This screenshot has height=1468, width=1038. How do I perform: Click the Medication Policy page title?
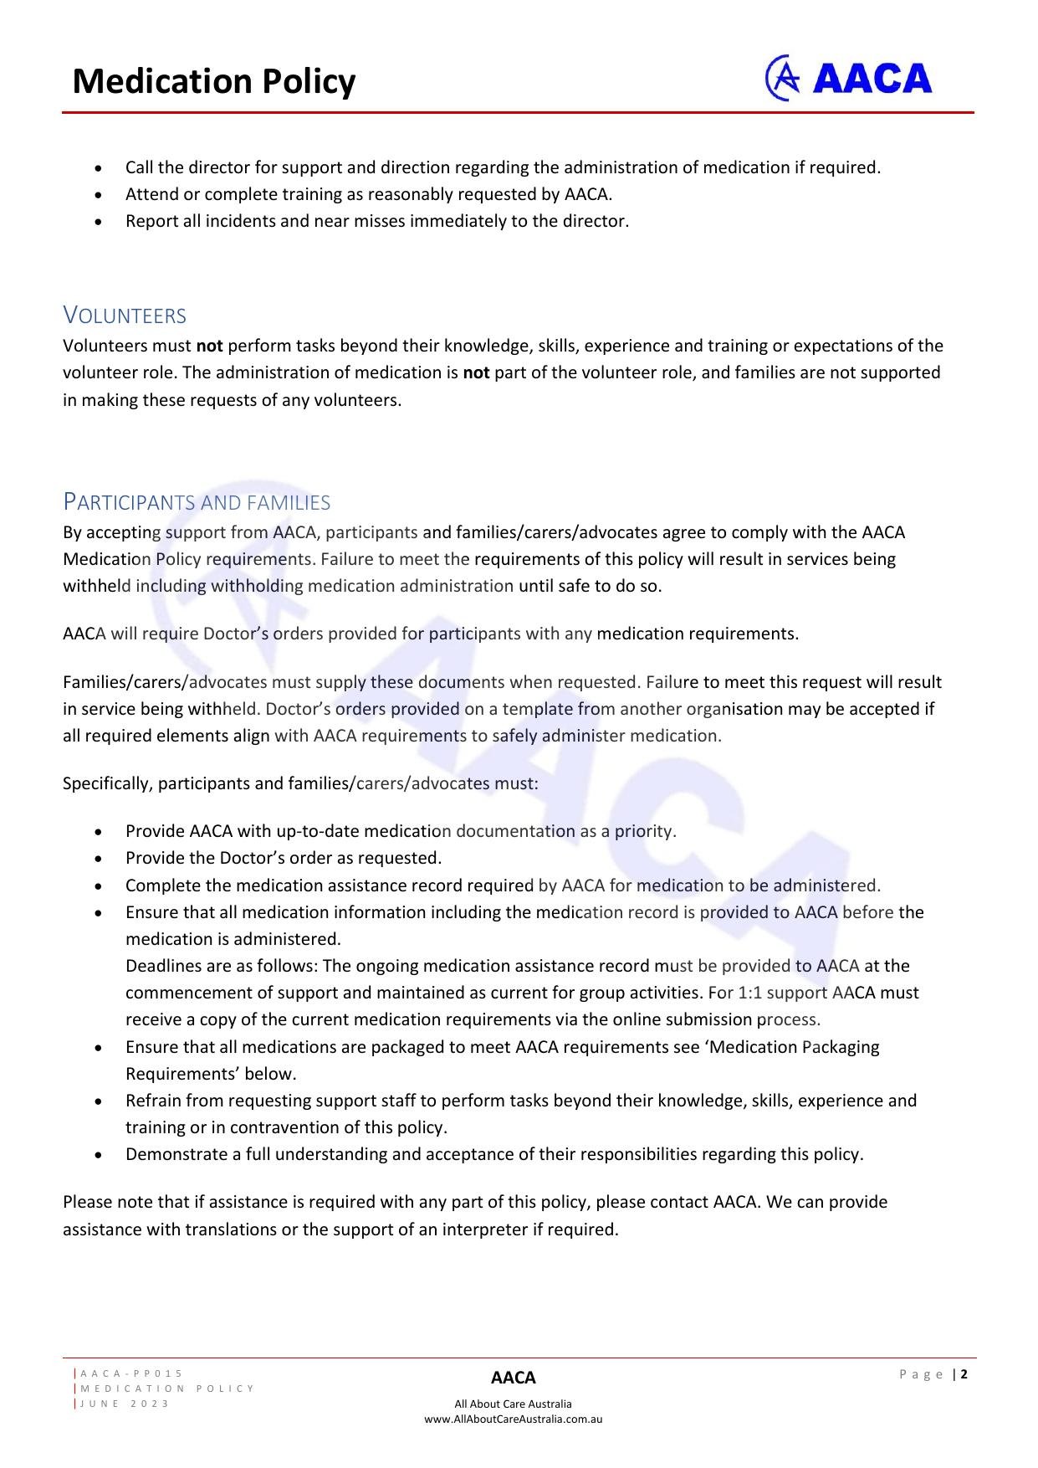(214, 81)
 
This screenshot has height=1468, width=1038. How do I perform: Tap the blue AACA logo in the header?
(848, 79)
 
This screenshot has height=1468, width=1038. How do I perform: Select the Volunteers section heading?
(125, 316)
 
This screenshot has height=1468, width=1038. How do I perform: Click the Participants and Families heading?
(197, 502)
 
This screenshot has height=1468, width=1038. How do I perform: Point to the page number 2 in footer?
(964, 1373)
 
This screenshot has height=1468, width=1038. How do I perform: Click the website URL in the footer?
(513, 1419)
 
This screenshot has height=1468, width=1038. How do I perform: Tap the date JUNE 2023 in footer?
(125, 1404)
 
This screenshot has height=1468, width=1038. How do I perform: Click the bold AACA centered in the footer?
(513, 1378)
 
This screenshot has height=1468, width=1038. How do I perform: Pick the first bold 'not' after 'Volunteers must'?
(209, 346)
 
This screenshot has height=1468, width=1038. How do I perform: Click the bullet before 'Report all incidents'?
(100, 222)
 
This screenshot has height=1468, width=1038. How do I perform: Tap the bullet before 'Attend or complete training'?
(100, 195)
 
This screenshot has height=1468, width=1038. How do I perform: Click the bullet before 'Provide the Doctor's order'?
(100, 859)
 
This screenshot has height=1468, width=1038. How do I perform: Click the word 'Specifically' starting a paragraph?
(107, 783)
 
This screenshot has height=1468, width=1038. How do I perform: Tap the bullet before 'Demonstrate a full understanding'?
(100, 1155)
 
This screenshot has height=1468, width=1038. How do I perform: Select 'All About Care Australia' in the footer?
(513, 1404)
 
